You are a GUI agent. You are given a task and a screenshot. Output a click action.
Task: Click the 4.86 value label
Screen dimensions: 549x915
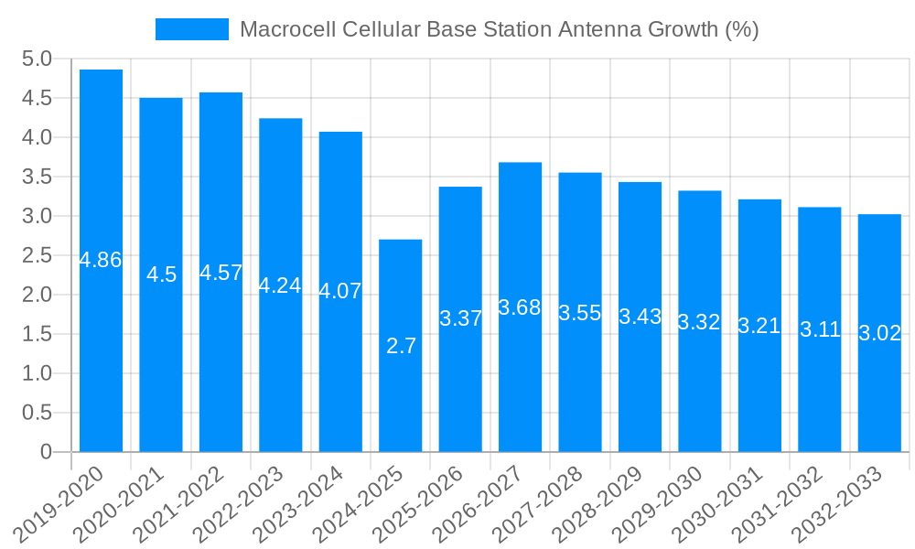click(101, 260)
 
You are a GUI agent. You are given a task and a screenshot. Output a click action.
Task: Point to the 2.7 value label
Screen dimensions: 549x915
click(401, 346)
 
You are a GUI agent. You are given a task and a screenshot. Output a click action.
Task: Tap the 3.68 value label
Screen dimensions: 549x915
click(520, 307)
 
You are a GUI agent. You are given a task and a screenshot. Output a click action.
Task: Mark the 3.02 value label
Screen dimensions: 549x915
click(880, 333)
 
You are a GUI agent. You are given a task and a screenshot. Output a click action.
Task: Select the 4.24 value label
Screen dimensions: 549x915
click(280, 285)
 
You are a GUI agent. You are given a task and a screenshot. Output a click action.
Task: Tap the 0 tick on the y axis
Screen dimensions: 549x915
click(46, 452)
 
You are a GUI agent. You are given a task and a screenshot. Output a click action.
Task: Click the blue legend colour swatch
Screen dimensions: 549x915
click(192, 29)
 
